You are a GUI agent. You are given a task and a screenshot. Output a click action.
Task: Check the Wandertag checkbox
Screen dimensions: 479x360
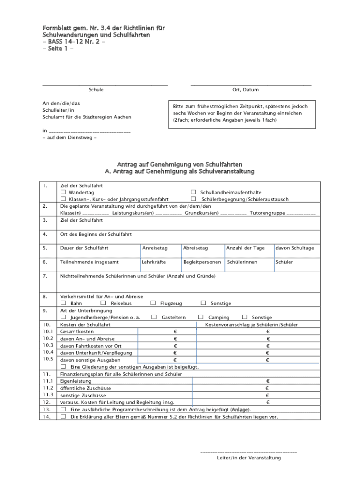63,193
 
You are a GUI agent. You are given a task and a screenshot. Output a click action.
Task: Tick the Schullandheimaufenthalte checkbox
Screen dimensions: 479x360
193,193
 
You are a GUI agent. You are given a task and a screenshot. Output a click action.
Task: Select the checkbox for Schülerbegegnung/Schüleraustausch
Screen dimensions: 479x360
193,199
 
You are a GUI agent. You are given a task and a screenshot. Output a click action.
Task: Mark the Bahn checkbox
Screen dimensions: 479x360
63,303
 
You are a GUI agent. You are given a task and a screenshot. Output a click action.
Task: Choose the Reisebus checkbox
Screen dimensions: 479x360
103,303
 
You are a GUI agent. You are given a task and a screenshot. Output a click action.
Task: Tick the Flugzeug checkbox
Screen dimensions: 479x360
153,303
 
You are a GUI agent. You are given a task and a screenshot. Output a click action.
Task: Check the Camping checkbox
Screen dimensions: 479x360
201,317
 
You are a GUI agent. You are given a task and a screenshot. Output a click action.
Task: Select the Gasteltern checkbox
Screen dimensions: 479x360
154,317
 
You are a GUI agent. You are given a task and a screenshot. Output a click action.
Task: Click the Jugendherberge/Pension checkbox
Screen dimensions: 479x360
63,317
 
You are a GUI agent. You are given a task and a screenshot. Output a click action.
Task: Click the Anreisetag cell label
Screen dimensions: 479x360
155,248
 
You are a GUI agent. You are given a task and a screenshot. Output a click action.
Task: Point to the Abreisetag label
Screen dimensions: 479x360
195,248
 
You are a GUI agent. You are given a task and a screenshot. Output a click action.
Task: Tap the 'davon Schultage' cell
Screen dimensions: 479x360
295,248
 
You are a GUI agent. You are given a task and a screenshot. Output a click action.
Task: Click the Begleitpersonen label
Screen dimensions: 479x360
202,262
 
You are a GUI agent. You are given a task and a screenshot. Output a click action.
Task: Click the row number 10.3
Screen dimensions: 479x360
47,345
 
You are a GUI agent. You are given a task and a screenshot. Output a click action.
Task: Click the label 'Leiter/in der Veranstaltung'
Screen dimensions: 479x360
248,458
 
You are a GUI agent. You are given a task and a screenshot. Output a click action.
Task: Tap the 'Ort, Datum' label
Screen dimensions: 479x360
245,90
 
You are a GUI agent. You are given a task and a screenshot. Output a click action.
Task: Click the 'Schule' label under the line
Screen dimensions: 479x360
96,90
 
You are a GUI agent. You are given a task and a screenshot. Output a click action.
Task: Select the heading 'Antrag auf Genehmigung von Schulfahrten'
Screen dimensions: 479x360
180,164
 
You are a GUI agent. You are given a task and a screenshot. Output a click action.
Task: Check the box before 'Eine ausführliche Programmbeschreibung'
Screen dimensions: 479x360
63,409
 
